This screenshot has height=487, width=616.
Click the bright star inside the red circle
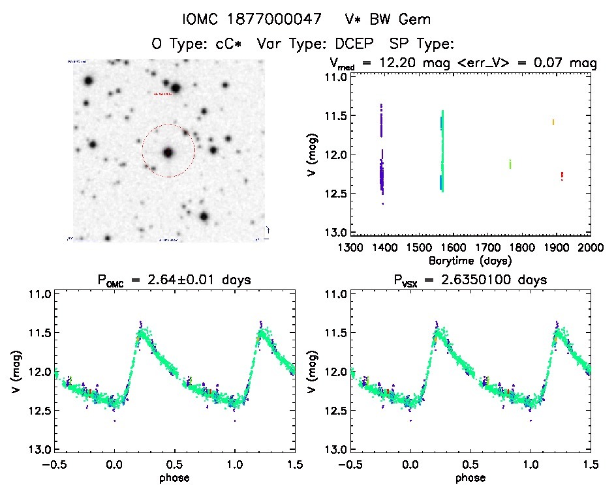[x=168, y=153]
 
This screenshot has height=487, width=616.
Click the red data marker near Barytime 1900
[x=562, y=175]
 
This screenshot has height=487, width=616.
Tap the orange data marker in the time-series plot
[x=553, y=122]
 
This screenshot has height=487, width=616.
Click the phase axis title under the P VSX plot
[x=470, y=477]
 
